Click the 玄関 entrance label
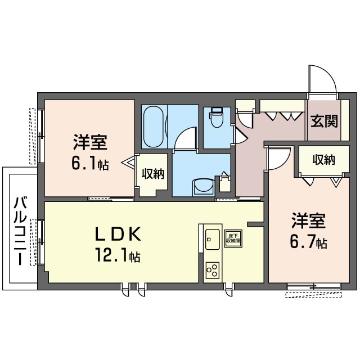pos(324,120)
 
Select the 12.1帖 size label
pos(118,256)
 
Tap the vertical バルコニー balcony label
pos(20,231)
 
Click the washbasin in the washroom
pos(202,186)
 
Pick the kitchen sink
pos(212,240)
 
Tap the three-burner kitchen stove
pos(212,270)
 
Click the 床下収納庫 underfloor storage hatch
pos(232,238)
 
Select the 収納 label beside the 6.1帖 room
pos(152,174)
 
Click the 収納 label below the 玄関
pos(323,160)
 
